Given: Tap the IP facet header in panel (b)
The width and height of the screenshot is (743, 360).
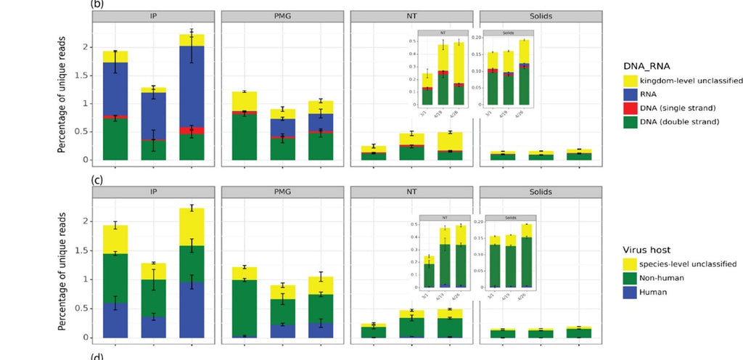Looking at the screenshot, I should point(153,16).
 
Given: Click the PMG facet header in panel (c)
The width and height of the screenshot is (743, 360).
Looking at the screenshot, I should point(282,192).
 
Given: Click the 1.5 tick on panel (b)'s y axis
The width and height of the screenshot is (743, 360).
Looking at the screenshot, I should point(89,75).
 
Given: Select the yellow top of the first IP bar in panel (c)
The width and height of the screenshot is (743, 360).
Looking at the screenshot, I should point(115,239).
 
